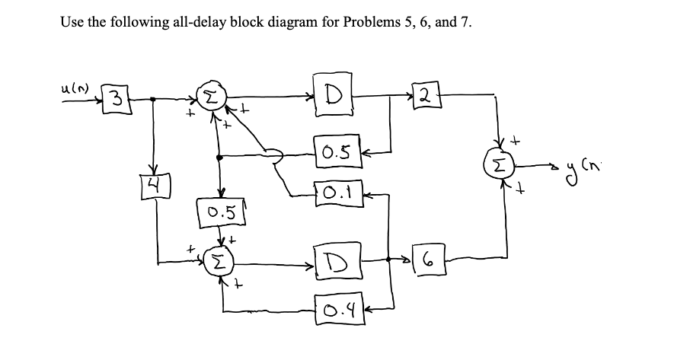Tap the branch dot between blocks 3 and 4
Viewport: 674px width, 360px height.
(x=155, y=99)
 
